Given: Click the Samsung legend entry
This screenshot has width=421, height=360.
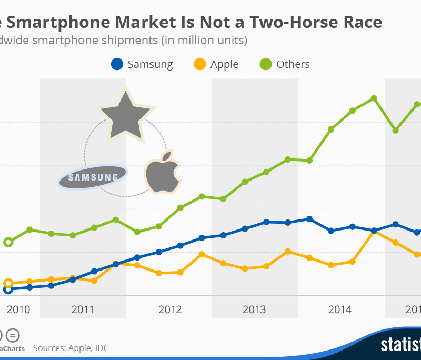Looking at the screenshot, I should (x=142, y=64).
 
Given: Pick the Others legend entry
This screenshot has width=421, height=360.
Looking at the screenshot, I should (x=285, y=64).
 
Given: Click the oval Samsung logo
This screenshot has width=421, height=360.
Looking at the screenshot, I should (x=93, y=177).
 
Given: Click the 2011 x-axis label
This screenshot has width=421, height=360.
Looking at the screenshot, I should (x=82, y=309).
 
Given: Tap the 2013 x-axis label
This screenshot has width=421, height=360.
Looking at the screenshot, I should (x=255, y=309).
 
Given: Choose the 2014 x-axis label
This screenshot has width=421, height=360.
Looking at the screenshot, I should (x=340, y=309).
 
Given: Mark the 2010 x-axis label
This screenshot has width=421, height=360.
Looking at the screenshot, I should (x=17, y=309).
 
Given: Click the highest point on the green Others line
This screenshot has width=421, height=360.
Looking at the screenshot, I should (x=374, y=98).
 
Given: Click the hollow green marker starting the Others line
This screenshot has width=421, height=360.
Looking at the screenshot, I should (x=8, y=242).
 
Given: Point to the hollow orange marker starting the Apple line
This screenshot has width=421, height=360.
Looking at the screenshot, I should (x=8, y=283).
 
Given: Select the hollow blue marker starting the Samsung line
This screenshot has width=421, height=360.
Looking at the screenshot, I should (x=8, y=289).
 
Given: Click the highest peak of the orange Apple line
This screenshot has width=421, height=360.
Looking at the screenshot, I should (x=374, y=231).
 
